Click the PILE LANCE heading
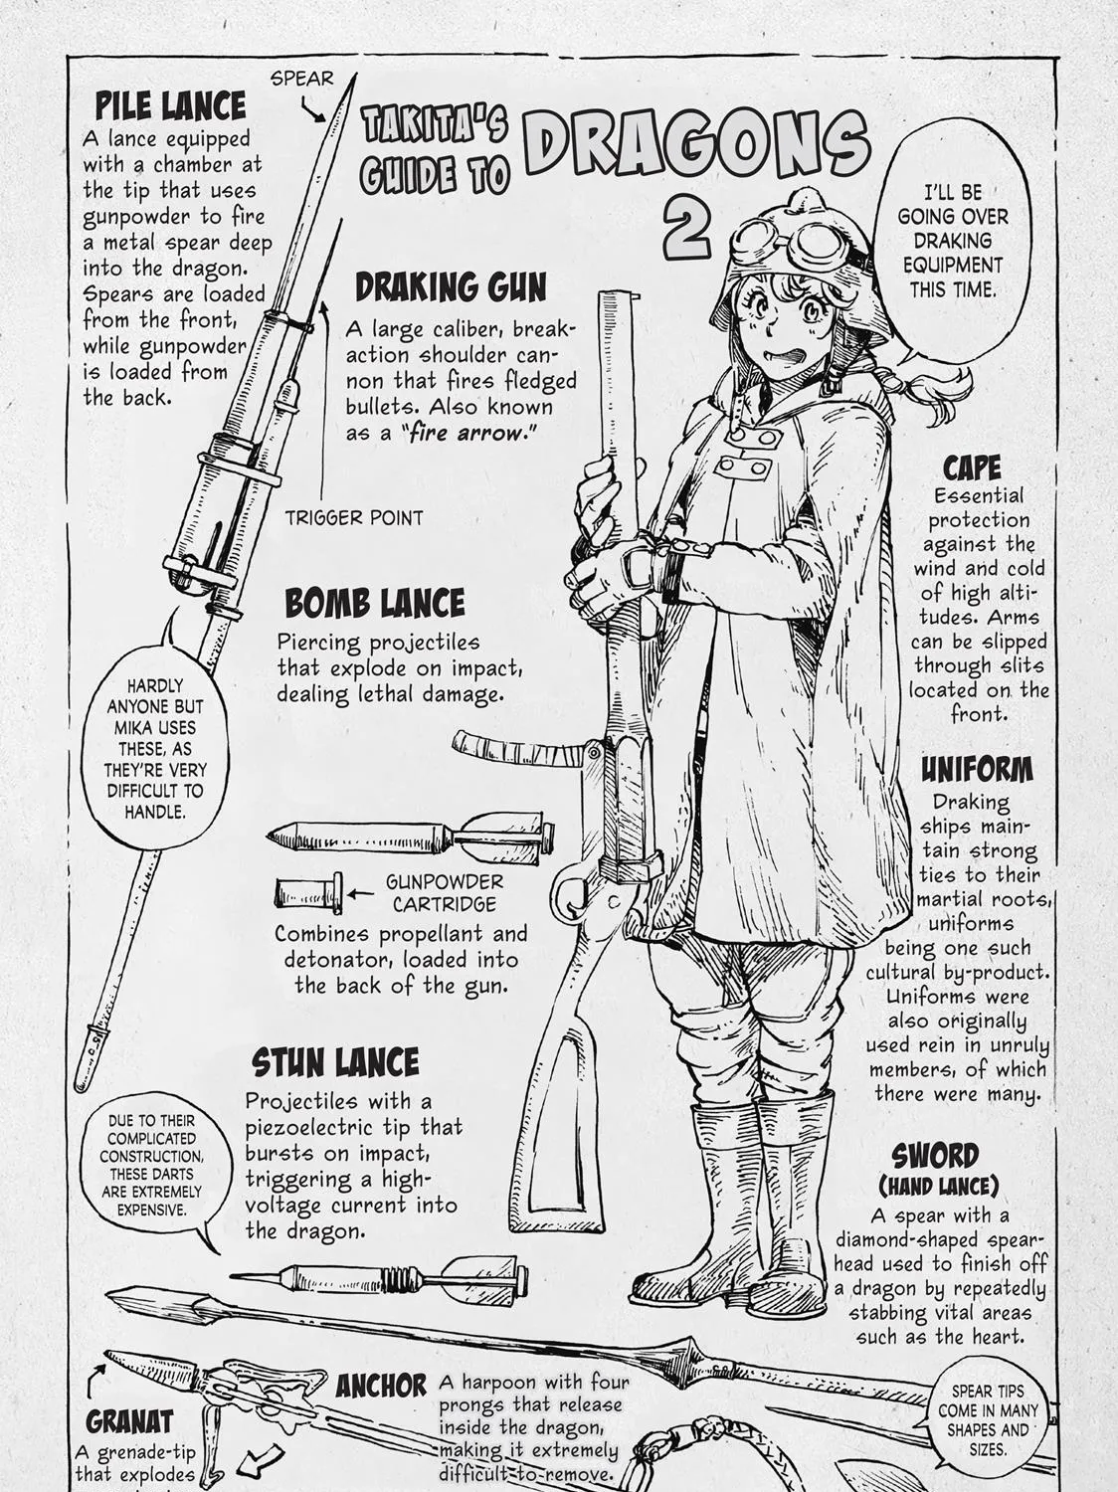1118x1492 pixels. tap(171, 105)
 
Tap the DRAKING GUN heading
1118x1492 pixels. tap(451, 286)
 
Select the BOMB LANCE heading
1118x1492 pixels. tap(374, 602)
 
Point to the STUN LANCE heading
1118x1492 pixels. tap(335, 1062)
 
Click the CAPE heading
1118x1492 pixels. tap(972, 468)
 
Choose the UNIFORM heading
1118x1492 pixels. tap(977, 770)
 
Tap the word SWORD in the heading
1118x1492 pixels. tap(935, 1156)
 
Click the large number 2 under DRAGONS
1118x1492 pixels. tap(687, 227)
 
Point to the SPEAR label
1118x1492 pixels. tap(301, 79)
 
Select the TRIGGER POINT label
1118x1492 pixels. tap(353, 518)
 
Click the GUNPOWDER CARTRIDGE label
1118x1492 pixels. tap(445, 893)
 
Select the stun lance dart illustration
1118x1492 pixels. tap(378, 1277)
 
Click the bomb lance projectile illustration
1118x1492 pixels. tap(411, 835)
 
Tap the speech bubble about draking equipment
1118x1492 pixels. tap(952, 242)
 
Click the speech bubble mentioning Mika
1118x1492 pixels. tap(155, 744)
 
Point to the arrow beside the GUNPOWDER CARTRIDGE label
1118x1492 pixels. tap(361, 893)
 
